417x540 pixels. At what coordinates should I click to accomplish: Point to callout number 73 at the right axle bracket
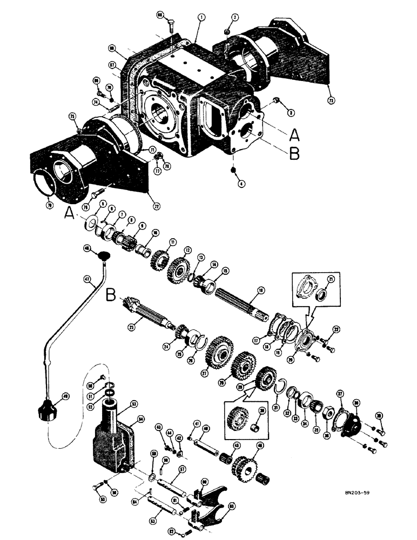pyautogui.click(x=331, y=100)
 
